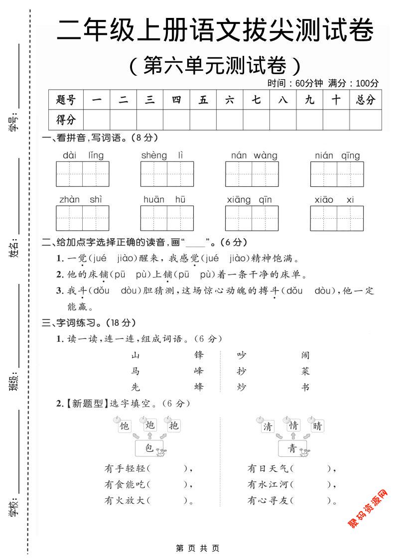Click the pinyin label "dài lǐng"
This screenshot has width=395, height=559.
pos(83,155)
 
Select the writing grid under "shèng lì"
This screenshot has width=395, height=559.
pos(167,174)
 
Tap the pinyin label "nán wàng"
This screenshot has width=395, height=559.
pos(254,155)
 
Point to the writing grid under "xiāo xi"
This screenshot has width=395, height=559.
pos(337,218)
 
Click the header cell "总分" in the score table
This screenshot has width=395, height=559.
pos(366,100)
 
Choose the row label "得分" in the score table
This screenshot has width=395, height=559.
pos(66,120)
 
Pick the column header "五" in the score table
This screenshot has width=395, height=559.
pos(203,100)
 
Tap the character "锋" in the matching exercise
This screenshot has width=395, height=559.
pos(199,355)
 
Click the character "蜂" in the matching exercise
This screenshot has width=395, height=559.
pos(199,387)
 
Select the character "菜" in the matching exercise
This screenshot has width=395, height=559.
pos(306,371)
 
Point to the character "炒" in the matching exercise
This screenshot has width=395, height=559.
pos(242,387)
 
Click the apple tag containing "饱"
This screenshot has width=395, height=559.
pos(124,426)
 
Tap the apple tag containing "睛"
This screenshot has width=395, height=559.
pos(317,426)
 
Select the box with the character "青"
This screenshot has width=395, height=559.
pos(292,448)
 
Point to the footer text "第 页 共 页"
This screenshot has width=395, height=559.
pos(198,548)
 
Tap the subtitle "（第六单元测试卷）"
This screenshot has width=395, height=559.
pos(215,65)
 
